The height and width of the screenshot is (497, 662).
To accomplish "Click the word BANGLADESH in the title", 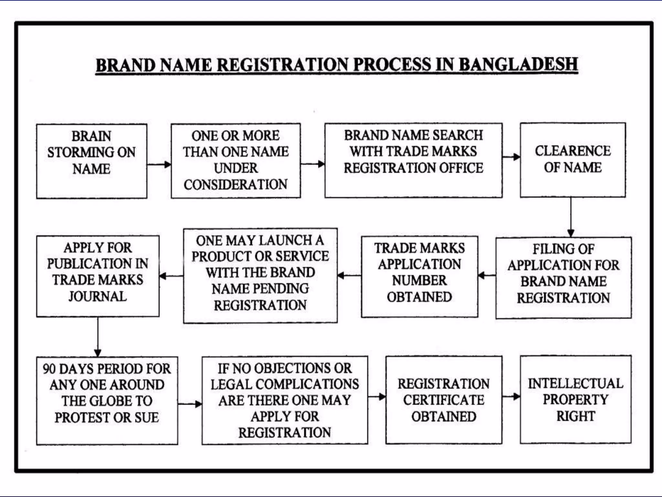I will pos(518,64).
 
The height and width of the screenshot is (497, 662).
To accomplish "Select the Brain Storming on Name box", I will pos(91,161).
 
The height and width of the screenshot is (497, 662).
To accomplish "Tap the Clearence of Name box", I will pos(572,160).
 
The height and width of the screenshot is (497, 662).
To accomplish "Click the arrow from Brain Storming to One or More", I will pos(159,164).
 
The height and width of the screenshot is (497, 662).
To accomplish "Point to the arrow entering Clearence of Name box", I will pos(511,157).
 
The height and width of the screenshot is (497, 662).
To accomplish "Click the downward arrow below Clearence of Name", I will pos(571,217).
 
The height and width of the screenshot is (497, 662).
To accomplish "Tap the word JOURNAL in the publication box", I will pos(97,296).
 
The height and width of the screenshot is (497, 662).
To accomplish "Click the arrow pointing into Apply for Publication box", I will pos(171,276).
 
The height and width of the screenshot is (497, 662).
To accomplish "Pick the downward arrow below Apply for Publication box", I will pos(98,337).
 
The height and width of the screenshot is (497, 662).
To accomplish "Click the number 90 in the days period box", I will pos(49,369).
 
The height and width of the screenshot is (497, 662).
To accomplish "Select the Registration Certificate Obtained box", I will pos(443,400).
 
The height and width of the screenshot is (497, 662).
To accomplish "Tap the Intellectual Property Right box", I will pos(575,400).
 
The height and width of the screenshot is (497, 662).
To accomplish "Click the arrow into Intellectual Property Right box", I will pos(511,396).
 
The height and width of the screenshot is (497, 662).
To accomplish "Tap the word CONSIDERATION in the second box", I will pos(235,184).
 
